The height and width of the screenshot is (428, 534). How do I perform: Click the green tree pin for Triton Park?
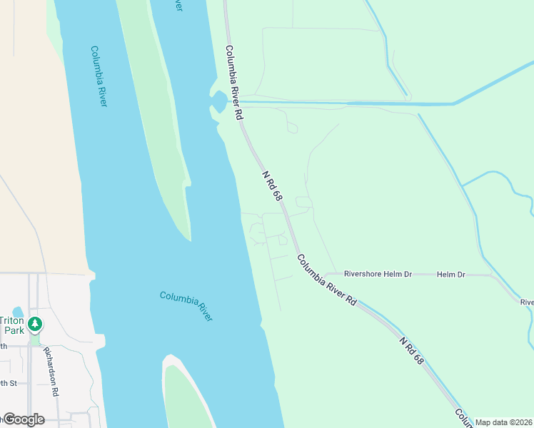(x=34, y=325)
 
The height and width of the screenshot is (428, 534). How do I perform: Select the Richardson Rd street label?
(x=50, y=370)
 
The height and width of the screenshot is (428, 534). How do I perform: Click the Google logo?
(x=23, y=419)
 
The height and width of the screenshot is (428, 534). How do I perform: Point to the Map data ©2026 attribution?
(x=504, y=422)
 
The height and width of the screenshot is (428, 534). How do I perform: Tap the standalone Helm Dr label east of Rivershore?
(x=450, y=274)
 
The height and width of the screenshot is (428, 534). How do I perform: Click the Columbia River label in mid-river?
(x=186, y=306)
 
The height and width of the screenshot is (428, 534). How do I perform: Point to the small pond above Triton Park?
(x=17, y=312)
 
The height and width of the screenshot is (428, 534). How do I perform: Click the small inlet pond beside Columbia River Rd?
(x=219, y=104)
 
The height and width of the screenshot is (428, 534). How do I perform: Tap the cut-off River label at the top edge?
(x=178, y=5)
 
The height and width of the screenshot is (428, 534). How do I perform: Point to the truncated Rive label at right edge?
(x=527, y=302)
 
